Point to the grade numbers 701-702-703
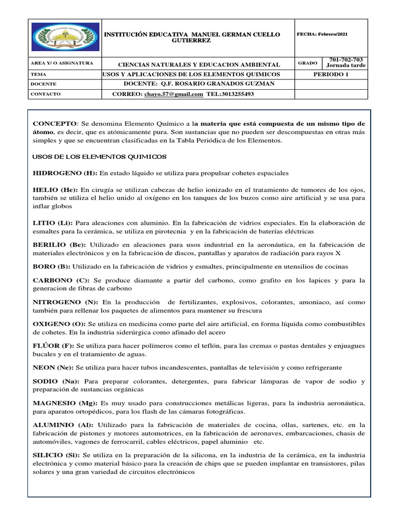[x=345, y=60]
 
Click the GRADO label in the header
[x=307, y=63]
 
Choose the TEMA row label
[x=39, y=74]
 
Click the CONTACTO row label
[x=45, y=94]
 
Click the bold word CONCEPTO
[x=54, y=124]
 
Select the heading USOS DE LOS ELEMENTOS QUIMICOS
[x=100, y=156]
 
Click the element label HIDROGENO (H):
[x=65, y=173]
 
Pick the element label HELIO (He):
[x=55, y=190]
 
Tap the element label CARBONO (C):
[x=61, y=280]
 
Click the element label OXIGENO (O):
[x=60, y=323]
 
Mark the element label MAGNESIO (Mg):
[x=65, y=402]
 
